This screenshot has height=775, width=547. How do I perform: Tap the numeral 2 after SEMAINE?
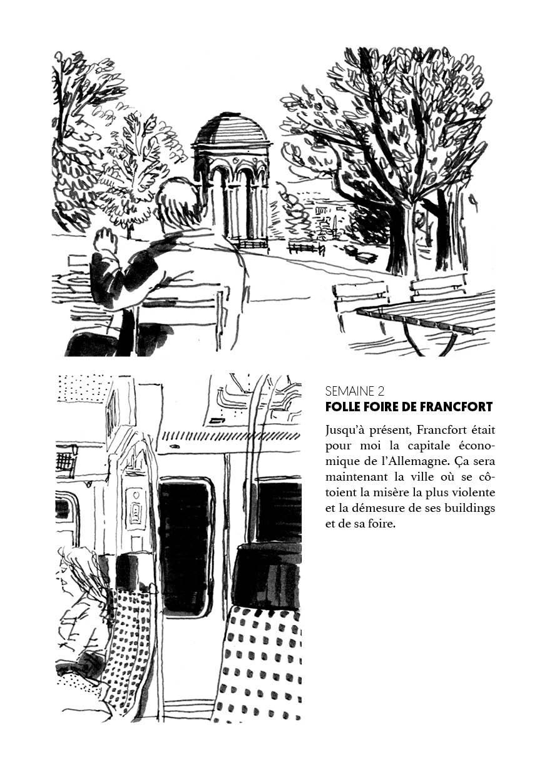point(381,392)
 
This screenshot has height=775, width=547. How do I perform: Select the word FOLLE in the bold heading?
point(342,407)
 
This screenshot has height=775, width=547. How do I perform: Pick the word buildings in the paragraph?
point(470,508)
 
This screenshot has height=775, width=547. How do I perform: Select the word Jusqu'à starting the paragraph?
point(347,430)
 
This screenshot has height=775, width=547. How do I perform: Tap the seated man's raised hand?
point(106,241)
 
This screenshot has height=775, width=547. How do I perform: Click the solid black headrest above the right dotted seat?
point(265,575)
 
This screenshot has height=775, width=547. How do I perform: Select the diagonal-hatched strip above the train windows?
point(228,436)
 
